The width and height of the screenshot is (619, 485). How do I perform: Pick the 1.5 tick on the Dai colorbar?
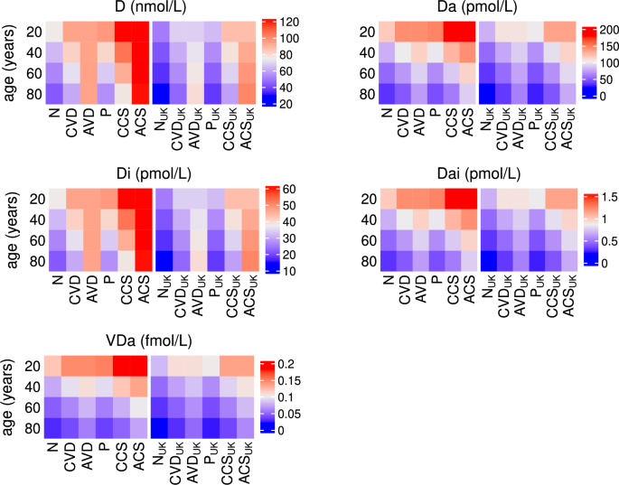pyautogui.click(x=593, y=197)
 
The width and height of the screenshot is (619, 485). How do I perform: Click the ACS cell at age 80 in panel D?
pyautogui.click(x=141, y=94)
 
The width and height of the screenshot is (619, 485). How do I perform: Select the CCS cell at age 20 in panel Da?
pyautogui.click(x=449, y=32)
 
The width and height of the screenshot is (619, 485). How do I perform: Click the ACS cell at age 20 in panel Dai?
pyautogui.click(x=466, y=198)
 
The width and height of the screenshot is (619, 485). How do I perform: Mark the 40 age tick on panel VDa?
pyautogui.click(x=31, y=385)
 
